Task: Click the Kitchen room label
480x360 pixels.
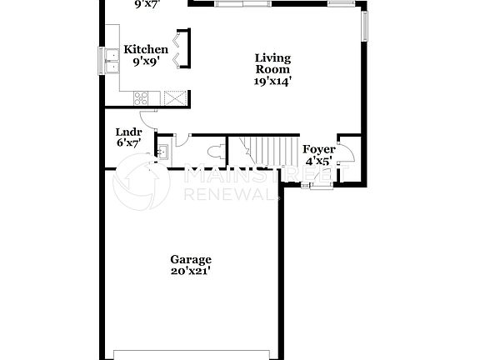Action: (146, 50)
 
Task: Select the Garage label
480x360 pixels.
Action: (191, 259)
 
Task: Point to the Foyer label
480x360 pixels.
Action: (319, 149)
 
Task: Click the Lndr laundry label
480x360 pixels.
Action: (128, 132)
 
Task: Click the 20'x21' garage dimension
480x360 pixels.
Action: (191, 272)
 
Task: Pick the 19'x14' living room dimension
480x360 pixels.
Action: (272, 82)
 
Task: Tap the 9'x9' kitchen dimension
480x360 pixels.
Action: (146, 62)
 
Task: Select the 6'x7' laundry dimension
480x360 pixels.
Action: (128, 143)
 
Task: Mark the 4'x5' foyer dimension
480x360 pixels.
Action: (319, 161)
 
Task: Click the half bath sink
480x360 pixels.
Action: (163, 151)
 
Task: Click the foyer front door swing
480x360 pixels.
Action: (344, 153)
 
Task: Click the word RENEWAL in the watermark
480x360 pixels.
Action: (229, 193)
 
